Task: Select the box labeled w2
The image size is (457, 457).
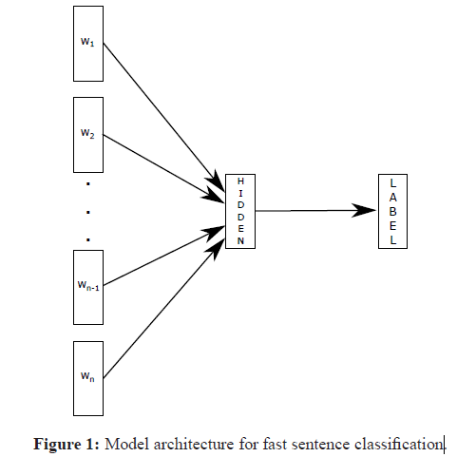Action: (86, 133)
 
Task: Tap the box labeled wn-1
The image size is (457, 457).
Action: (86, 286)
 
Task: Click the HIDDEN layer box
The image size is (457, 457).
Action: (240, 212)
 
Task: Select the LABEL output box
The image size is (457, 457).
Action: (393, 211)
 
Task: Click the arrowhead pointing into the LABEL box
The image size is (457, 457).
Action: (366, 211)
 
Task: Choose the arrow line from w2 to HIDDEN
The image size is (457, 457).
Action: (157, 164)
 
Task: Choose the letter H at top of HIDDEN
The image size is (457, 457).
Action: (240, 181)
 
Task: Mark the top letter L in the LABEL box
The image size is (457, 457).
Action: (393, 181)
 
